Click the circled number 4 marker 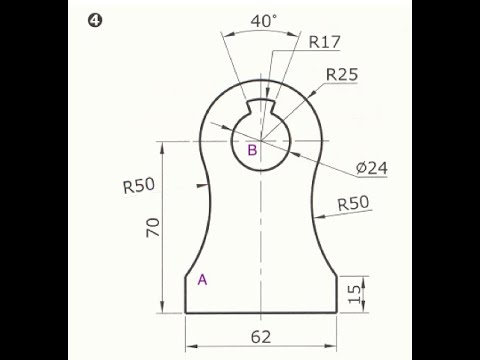[x=95, y=21]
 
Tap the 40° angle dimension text [x=263, y=21]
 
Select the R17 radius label [x=325, y=42]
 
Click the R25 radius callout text [x=342, y=74]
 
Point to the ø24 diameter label [x=372, y=168]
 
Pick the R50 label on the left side [x=139, y=186]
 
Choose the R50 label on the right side [x=353, y=203]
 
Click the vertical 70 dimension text [x=153, y=227]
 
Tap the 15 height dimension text [x=354, y=294]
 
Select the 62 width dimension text [x=261, y=337]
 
